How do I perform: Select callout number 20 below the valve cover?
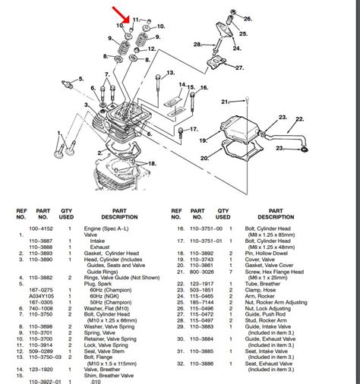[x=204, y=158]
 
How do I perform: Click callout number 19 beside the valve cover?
[x=203, y=140]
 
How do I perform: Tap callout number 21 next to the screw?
[x=224, y=102]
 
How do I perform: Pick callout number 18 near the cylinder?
[x=153, y=163]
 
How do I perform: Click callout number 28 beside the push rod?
[x=197, y=45]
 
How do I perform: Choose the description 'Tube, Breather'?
[x=253, y=282]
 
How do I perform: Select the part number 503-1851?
[x=201, y=289]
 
